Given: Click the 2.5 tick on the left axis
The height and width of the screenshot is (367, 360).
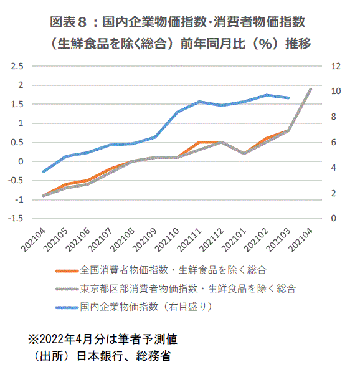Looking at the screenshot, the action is [17, 66].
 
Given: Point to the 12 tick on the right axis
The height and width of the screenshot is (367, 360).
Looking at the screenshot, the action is [336, 66].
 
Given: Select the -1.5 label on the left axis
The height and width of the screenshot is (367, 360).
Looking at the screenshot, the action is [16, 218].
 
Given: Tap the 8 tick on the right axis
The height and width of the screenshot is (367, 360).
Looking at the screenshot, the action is [334, 117].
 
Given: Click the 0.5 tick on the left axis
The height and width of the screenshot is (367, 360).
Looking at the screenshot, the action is [17, 142].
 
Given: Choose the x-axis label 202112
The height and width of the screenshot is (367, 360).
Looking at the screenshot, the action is [212, 240].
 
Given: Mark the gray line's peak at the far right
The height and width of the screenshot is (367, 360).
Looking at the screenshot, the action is [311, 89].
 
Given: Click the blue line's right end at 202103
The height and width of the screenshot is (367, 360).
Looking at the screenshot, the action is [288, 98].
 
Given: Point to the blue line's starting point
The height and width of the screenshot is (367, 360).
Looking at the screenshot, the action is [43, 171].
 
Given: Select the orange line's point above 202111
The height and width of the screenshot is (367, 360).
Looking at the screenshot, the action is [199, 142].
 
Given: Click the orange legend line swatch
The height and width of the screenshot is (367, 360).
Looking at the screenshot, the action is [67, 271].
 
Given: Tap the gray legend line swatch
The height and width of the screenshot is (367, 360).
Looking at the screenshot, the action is [67, 289].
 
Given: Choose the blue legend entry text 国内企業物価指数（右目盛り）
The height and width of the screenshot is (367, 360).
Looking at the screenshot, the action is [146, 307].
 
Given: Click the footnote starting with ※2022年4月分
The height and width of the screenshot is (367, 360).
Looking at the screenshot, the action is [103, 339].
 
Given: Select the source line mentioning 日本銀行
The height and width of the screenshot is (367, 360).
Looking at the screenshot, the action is [102, 356].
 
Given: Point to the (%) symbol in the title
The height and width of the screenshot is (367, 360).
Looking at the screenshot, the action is [265, 44].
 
